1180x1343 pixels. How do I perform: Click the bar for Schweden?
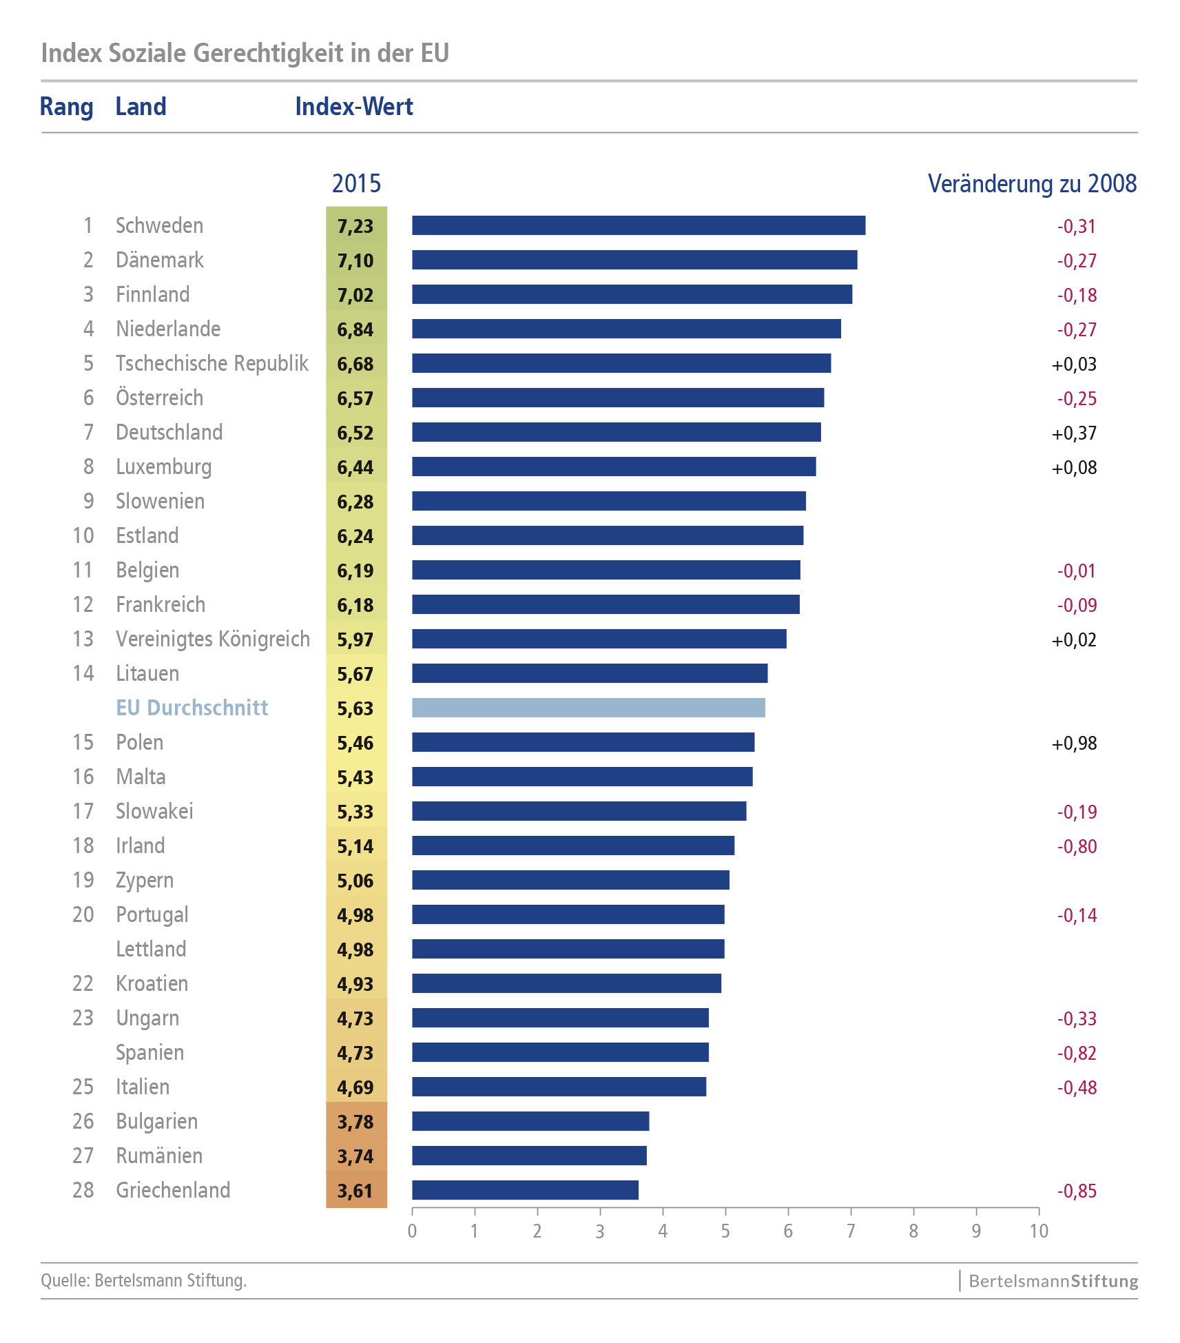[x=638, y=225]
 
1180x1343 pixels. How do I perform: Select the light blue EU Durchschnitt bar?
[x=588, y=708]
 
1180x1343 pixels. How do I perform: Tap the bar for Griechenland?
[x=525, y=1190]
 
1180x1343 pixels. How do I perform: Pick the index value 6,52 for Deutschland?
[x=355, y=433]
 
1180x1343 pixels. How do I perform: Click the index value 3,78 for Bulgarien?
[x=355, y=1122]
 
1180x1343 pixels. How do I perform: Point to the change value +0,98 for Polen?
[x=1074, y=743]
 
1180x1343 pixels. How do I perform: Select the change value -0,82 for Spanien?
[x=1077, y=1053]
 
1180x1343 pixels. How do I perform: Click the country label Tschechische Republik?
[x=212, y=363]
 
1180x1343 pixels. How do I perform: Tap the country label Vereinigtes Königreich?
[x=213, y=639]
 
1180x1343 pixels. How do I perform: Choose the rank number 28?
[x=83, y=1190]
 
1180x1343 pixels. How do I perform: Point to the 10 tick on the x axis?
[x=1039, y=1231]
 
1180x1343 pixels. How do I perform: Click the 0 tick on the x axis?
[x=412, y=1231]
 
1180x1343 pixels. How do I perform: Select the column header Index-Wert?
[x=354, y=107]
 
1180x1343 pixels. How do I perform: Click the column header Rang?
[x=66, y=107]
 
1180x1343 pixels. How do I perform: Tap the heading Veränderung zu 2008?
[x=1032, y=184]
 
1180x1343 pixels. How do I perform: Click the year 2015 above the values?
[x=356, y=184]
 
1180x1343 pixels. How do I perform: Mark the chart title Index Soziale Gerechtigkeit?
[x=245, y=53]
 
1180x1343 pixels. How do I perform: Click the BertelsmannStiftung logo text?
[x=1053, y=1281]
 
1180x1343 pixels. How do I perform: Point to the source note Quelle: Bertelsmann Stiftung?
[x=144, y=1280]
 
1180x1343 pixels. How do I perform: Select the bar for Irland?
[x=573, y=845]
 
